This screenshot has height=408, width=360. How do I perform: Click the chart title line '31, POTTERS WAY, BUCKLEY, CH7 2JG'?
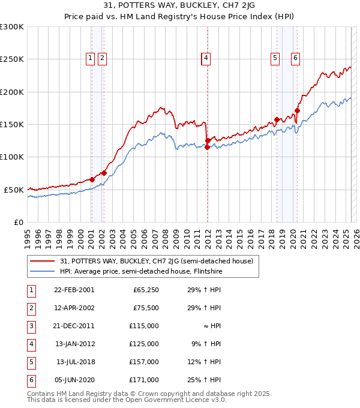[180, 7]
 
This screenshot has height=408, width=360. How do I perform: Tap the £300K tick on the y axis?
[12, 27]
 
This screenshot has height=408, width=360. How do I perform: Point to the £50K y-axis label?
[14, 190]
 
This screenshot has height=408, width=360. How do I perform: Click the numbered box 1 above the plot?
[90, 58]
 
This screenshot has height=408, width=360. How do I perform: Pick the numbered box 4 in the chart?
[206, 58]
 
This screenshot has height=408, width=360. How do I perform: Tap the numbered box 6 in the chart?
[296, 58]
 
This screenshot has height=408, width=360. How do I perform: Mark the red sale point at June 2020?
[297, 111]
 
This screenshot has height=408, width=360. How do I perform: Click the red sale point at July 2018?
[277, 119]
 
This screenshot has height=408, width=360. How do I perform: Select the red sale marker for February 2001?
[92, 179]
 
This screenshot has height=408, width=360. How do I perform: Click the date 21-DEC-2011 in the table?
[74, 326]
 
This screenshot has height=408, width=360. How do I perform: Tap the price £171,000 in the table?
[146, 380]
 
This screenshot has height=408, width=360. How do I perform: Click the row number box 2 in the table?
[31, 308]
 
